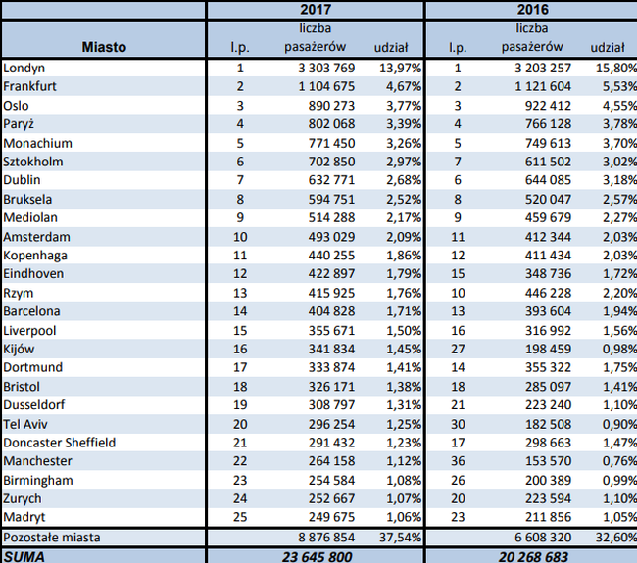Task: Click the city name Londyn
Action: (24, 68)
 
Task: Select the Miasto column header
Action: (103, 46)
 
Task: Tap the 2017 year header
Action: (315, 9)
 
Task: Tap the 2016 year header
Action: (531, 9)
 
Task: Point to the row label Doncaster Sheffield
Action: (60, 443)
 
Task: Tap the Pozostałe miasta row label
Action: (50, 537)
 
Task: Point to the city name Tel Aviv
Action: (25, 424)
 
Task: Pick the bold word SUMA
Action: (25, 555)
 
